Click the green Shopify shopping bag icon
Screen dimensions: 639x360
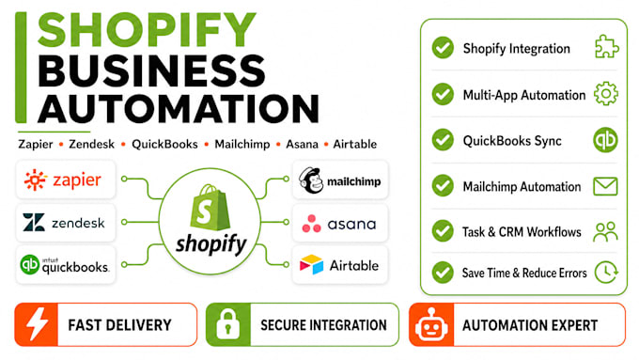[x=210, y=208]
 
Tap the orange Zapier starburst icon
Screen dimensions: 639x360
[x=35, y=180]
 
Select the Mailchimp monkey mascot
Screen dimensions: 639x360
[x=310, y=180]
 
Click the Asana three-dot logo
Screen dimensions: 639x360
[x=311, y=224]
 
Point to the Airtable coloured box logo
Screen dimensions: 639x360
[x=311, y=265]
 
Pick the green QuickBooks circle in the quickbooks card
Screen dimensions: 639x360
[x=30, y=265]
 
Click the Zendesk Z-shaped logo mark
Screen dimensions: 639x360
[x=34, y=222]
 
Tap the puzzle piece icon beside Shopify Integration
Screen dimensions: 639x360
[x=606, y=47]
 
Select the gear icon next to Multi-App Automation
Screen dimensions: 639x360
[x=606, y=93]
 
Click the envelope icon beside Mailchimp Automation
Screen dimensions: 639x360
[x=605, y=186]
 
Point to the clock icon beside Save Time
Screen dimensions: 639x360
[x=606, y=272]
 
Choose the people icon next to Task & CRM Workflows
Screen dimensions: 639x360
[x=605, y=231]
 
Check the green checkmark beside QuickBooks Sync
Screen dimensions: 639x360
[x=443, y=140]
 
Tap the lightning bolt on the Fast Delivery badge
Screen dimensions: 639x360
[x=37, y=324]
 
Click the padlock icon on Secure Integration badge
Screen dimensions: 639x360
[x=227, y=324]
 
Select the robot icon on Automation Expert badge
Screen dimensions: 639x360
[x=431, y=324]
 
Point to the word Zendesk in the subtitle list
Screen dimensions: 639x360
[x=91, y=144]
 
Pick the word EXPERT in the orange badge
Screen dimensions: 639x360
[x=574, y=325]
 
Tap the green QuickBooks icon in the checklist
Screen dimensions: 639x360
[x=605, y=140]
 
